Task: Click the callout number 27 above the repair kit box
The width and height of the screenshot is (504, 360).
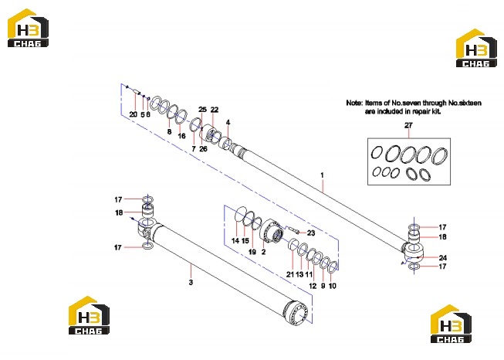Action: pos(408,125)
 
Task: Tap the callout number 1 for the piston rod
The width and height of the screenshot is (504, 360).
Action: pos(322,175)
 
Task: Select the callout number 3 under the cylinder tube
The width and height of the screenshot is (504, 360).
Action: pos(191,283)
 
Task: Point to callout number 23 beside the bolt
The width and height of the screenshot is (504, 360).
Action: pos(311,233)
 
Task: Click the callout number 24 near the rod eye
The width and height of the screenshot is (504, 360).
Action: pos(442,258)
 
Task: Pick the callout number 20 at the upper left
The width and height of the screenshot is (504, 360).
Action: pos(133,114)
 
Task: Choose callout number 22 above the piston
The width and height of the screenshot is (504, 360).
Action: pos(215,110)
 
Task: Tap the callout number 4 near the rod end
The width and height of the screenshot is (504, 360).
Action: pos(228,123)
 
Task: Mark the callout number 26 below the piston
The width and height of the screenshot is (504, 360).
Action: pos(203,149)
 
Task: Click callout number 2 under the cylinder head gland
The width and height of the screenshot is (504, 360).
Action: pos(263,252)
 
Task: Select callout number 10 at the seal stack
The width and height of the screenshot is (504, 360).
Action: pos(333,286)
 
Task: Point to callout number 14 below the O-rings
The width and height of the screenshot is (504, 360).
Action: pos(235,240)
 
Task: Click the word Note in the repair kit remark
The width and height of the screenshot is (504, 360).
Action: pos(354,103)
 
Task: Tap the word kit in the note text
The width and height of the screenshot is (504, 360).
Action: pos(437,111)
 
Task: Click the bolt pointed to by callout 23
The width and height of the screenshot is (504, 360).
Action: pos(294,230)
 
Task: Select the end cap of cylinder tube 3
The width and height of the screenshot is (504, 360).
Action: pos(296,312)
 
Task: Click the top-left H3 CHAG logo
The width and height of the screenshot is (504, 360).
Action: pos(29,28)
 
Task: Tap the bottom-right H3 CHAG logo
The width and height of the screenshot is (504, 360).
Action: pos(451,324)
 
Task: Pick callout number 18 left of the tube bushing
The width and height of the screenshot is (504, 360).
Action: pos(119,212)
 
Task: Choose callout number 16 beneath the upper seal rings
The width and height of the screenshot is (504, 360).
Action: pos(181,136)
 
